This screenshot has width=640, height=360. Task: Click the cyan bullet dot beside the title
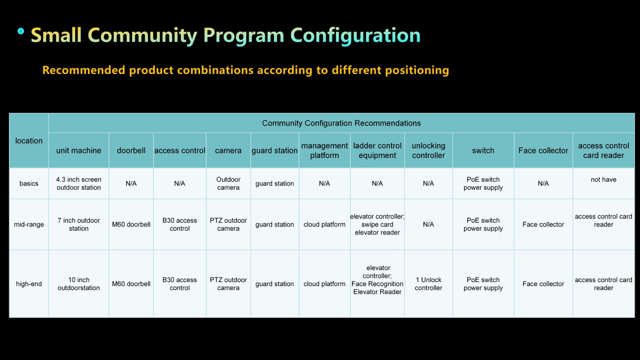tap(20, 31)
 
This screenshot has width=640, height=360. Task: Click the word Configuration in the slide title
tap(355, 36)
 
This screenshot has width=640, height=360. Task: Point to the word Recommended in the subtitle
tap(84, 70)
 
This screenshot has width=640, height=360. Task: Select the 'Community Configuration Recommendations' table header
tap(342, 123)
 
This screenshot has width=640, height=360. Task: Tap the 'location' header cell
tap(29, 140)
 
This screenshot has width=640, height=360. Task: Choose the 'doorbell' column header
tap(131, 150)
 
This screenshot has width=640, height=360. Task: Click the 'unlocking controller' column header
tap(428, 150)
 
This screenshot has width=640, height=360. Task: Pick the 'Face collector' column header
tap(543, 150)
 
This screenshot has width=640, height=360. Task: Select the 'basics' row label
tap(29, 184)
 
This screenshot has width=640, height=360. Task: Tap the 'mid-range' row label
tap(29, 224)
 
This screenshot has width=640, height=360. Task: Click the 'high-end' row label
tap(29, 284)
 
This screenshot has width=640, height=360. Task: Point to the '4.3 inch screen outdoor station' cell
tap(78, 184)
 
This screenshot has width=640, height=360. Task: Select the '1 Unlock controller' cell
tap(428, 284)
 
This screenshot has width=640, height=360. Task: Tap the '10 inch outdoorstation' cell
tap(78, 284)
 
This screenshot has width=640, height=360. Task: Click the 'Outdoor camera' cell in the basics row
tap(228, 184)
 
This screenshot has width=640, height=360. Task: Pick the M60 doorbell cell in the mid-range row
tap(131, 224)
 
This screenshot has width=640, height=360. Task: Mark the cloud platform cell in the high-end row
tap(324, 284)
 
